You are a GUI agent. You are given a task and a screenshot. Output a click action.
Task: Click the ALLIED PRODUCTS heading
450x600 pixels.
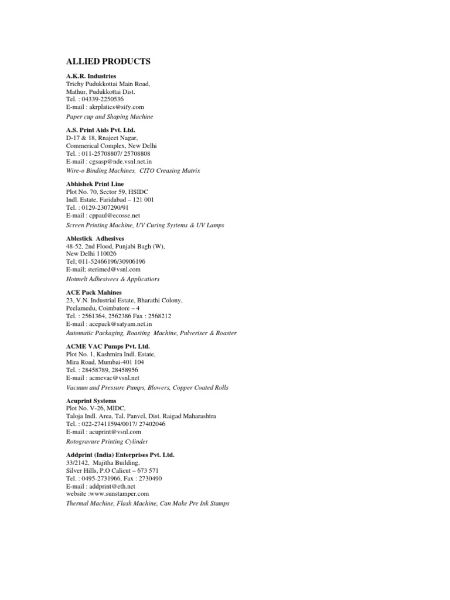pos(108,62)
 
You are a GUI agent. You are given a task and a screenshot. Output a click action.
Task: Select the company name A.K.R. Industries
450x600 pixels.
pos(91,76)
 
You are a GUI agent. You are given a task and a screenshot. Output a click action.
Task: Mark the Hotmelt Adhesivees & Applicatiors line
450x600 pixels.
pos(112,279)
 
